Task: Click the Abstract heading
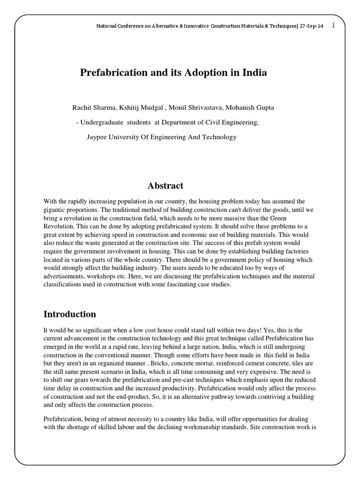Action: tap(165, 186)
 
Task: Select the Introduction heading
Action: tap(70, 314)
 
